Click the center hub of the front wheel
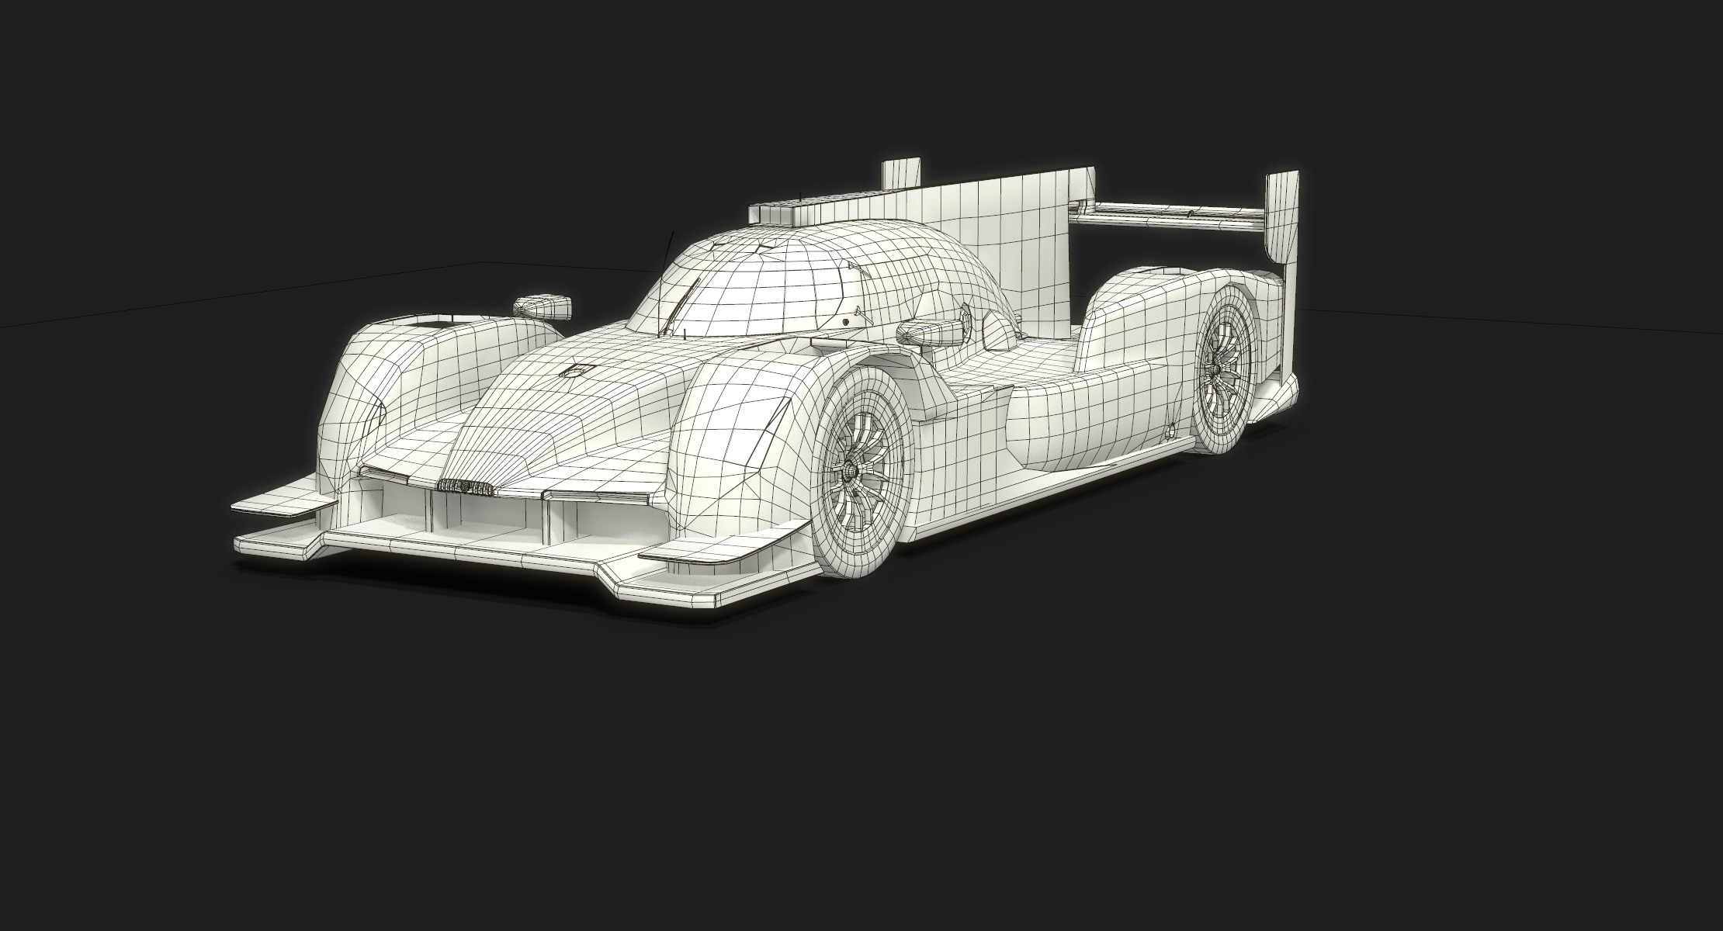click(x=852, y=471)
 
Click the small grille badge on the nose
click(x=465, y=486)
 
